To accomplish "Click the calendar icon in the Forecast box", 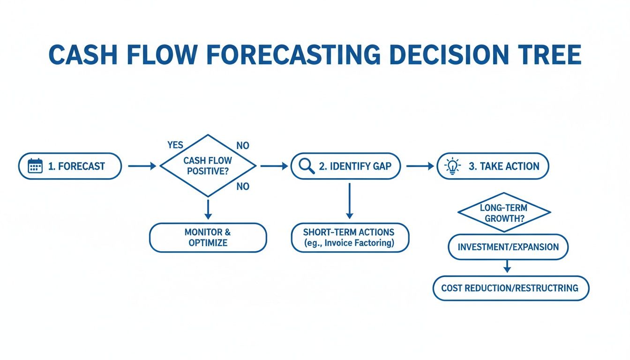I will pos(35,166).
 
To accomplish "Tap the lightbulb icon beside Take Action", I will pos(452,166).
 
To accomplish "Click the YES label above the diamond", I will pos(175,145).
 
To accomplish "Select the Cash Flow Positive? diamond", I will pos(208,166).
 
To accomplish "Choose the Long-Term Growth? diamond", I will pos(504,212).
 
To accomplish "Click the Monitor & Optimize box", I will pos(208,238).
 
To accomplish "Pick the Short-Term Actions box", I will pos(350,238).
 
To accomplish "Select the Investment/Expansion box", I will pos(508,247).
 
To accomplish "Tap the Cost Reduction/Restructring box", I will pos(510,288).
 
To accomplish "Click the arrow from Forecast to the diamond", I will pos(141,166).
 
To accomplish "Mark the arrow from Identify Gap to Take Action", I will pos(420,166).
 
